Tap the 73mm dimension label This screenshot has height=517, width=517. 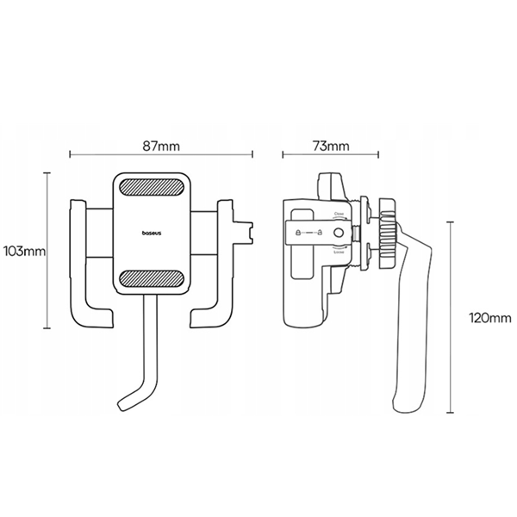coord(332,146)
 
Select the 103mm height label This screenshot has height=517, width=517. coord(23,252)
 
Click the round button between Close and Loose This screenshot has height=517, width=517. coord(338,233)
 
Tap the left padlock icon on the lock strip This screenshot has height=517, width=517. coord(298,233)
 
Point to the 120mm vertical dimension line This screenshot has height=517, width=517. coord(450,319)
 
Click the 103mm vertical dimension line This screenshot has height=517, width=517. coord(47,252)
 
